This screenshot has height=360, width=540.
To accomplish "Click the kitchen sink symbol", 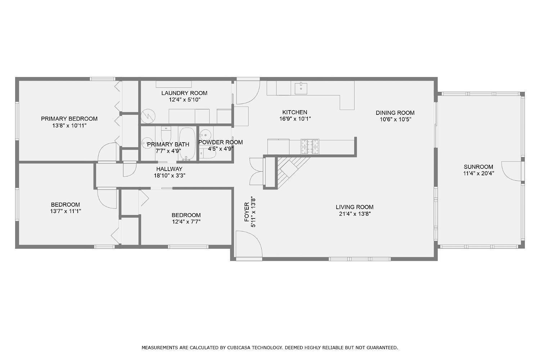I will pyautogui.click(x=301, y=87).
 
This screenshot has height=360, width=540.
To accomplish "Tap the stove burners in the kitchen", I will pyautogui.click(x=310, y=147).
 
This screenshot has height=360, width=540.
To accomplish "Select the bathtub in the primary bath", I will pyautogui.click(x=187, y=143).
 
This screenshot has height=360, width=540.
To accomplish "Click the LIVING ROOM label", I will pyautogui.click(x=355, y=207).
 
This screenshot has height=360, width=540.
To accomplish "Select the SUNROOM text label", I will pyautogui.click(x=478, y=167).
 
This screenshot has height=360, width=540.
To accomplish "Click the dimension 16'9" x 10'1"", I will pyautogui.click(x=295, y=119).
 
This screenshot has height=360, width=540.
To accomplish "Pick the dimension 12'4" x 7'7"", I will pyautogui.click(x=186, y=222).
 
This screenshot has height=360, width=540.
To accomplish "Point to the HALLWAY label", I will pyautogui.click(x=169, y=169).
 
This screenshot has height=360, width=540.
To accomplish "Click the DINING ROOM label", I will pyautogui.click(x=395, y=113).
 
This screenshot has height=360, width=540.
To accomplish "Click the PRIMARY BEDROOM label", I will pyautogui.click(x=69, y=119).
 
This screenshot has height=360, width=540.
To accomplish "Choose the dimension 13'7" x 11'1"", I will pyautogui.click(x=65, y=211).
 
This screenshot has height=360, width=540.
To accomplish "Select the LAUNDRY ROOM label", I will pyautogui.click(x=184, y=93).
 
